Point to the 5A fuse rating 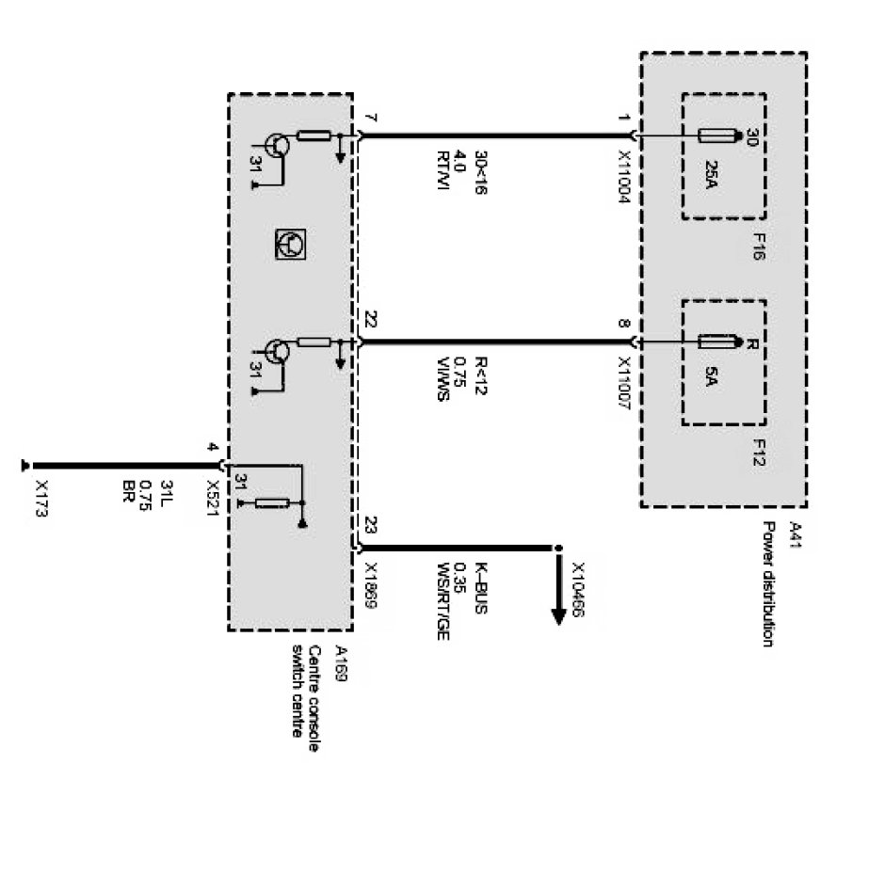(713, 376)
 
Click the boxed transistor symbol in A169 (289, 245)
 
